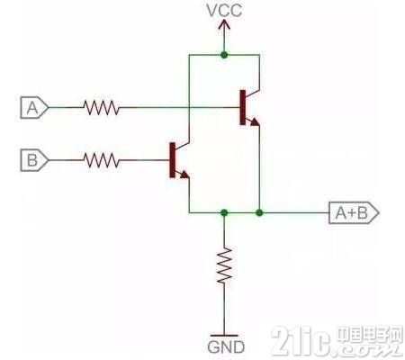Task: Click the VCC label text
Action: point(224,10)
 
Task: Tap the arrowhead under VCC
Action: point(224,24)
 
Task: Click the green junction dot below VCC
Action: point(224,55)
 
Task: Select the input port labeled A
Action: point(34,107)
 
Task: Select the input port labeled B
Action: point(34,160)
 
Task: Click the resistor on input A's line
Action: point(102,107)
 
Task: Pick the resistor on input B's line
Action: point(102,160)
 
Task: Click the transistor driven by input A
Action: point(249,107)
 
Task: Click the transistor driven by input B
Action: point(179,160)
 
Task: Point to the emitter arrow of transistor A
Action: point(255,121)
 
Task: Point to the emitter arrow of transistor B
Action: point(184,175)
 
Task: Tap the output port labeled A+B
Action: point(354,213)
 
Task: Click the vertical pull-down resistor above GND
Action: point(224,265)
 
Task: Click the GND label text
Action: point(226,347)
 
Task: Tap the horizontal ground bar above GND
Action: point(224,336)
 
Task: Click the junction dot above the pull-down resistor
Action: point(224,213)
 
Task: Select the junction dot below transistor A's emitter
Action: point(259,213)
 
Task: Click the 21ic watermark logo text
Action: point(302,340)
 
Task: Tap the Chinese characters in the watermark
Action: point(369,335)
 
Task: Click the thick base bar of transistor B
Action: point(172,160)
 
